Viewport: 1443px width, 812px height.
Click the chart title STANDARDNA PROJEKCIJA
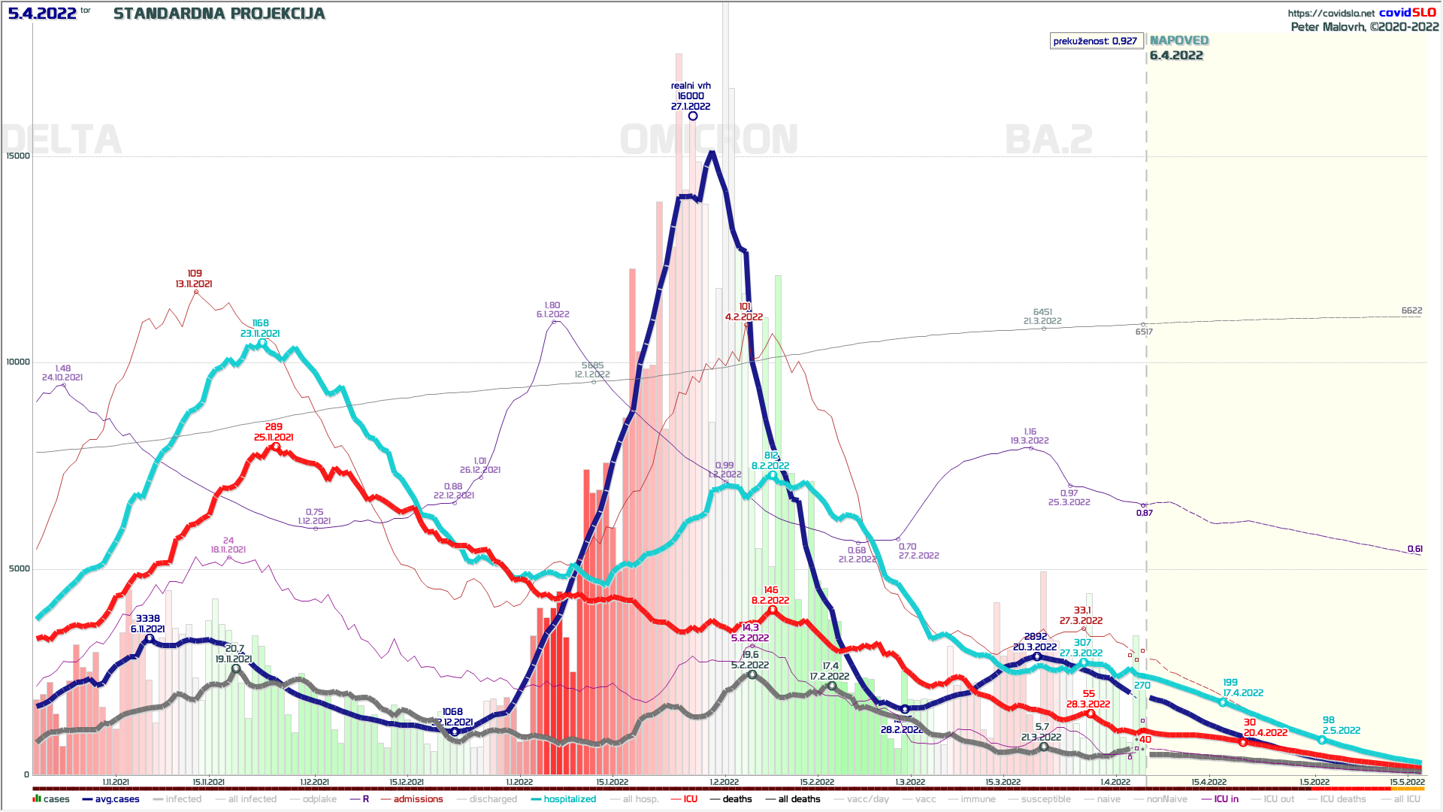[219, 14]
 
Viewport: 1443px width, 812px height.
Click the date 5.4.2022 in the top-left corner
[42, 14]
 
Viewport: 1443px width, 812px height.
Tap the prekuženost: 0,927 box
[1095, 41]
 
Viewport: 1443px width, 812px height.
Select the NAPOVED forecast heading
[1178, 41]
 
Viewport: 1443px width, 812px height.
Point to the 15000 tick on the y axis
[18, 156]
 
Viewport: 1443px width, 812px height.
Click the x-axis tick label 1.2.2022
[724, 782]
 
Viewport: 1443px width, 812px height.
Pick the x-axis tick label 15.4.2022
[1209, 782]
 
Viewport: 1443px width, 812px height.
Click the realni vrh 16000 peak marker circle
[693, 116]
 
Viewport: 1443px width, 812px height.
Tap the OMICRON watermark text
[709, 140]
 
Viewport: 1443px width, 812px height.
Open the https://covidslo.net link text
[1330, 13]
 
